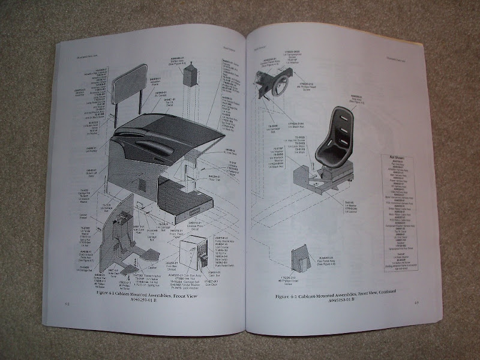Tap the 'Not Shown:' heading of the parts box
[394, 153]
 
